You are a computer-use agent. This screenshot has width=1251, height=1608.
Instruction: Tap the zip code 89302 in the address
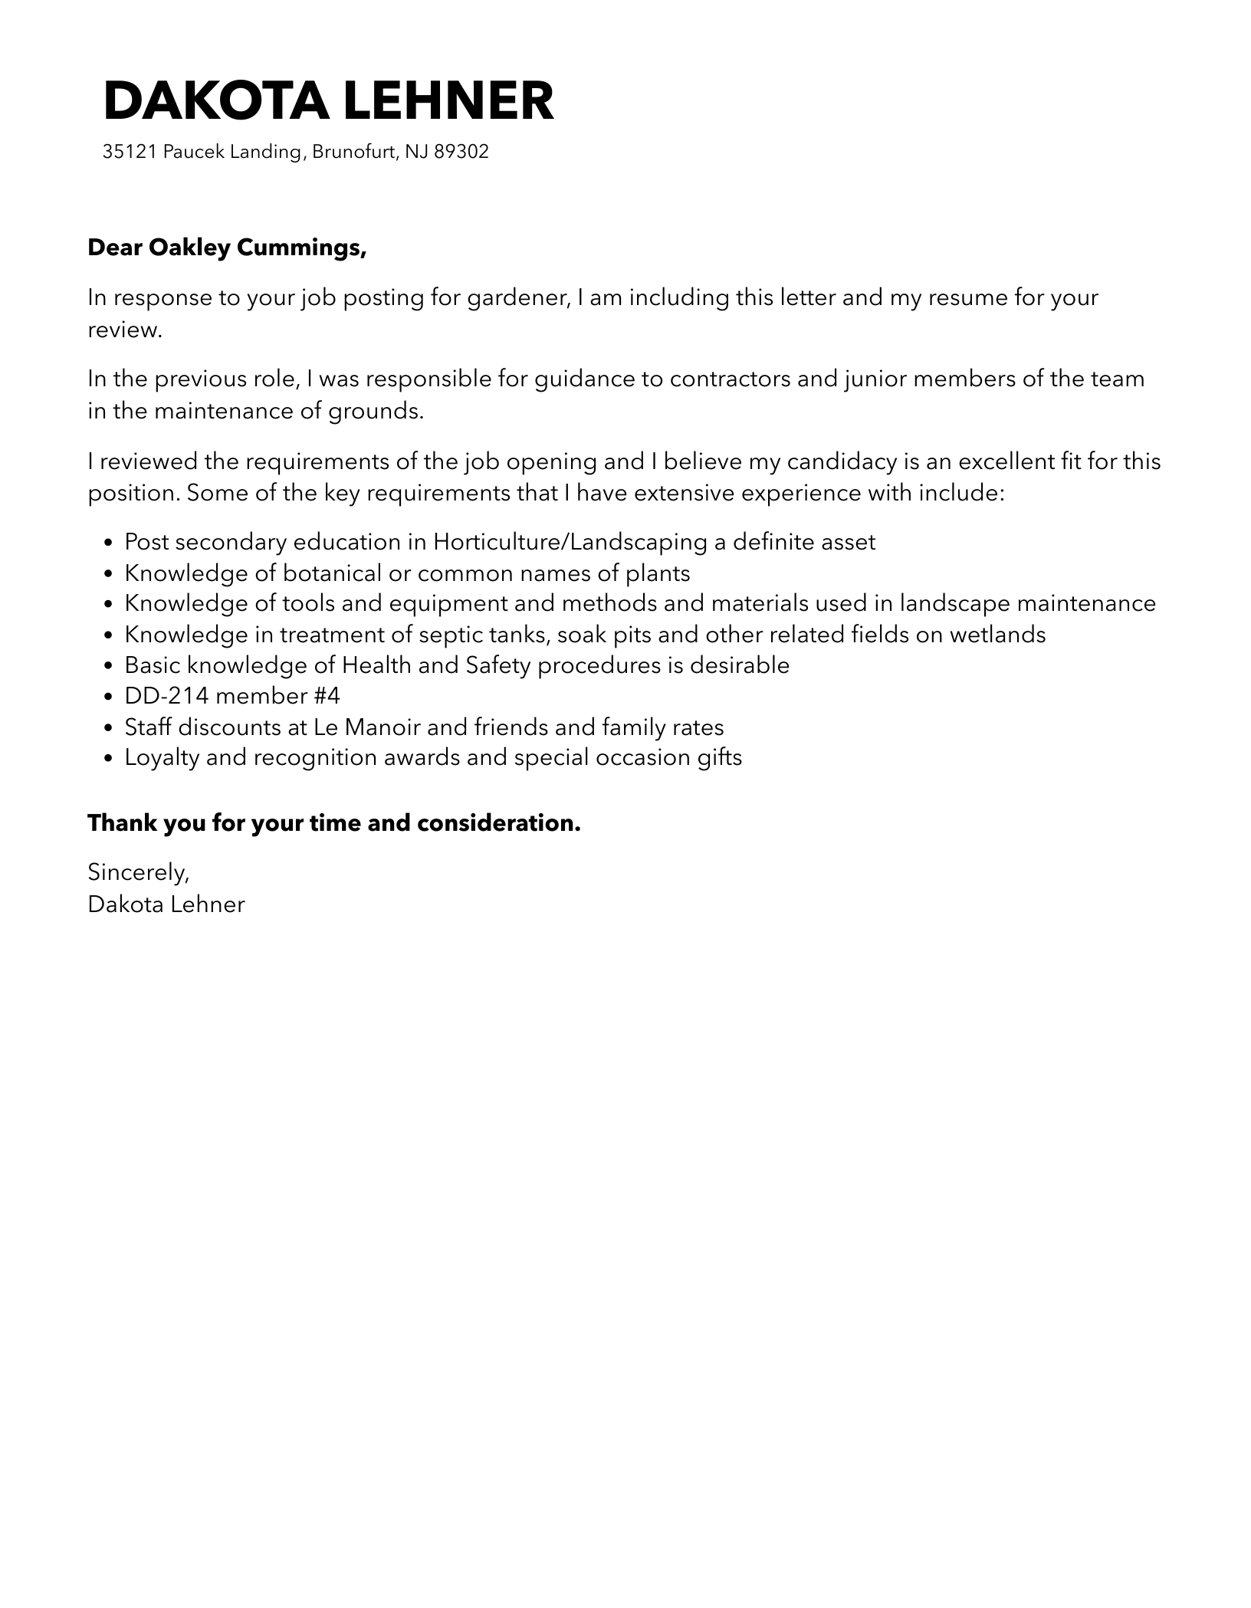461,152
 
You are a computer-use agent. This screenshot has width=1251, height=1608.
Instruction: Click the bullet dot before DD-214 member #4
108,697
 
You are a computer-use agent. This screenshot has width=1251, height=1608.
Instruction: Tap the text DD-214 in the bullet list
166,696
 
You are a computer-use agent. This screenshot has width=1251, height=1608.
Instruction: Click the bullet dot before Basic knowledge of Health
108,666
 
